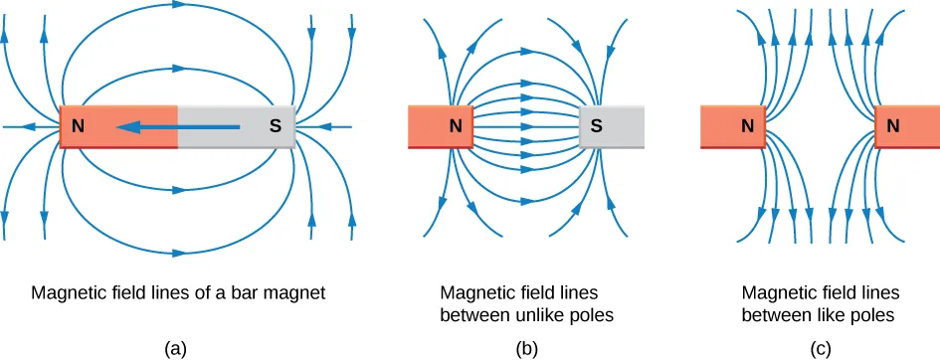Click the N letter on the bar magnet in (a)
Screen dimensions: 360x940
[x=78, y=127]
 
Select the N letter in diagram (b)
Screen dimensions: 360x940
[x=456, y=127]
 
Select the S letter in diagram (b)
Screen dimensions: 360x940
[x=596, y=127]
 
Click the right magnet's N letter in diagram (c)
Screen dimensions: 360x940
[x=892, y=127]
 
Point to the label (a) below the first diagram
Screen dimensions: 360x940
[x=176, y=347]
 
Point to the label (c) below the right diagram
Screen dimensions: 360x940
[x=821, y=347]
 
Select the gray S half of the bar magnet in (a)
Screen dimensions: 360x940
[x=236, y=127]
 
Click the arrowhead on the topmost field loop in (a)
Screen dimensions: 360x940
[x=177, y=16]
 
